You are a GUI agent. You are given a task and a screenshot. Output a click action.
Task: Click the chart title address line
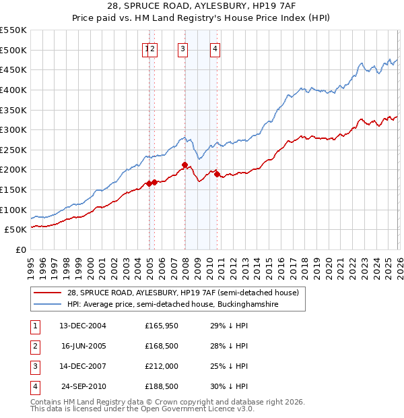(201, 5)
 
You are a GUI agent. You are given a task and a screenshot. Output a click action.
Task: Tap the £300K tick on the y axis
(13, 129)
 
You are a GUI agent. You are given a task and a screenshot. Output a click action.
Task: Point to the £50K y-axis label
(16, 230)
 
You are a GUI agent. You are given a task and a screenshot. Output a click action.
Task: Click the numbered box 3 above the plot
(183, 49)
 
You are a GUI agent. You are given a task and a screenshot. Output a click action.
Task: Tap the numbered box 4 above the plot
(215, 49)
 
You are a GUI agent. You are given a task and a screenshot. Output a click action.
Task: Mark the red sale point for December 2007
(184, 165)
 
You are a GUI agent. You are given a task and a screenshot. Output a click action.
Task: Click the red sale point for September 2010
(217, 174)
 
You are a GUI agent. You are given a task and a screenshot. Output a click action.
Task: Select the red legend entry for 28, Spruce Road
(168, 292)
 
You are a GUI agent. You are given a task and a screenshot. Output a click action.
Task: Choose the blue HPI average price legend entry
(168, 304)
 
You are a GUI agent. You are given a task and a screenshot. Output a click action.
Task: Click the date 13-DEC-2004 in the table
(83, 326)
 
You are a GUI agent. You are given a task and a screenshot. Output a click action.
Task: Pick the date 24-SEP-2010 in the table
(83, 386)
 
